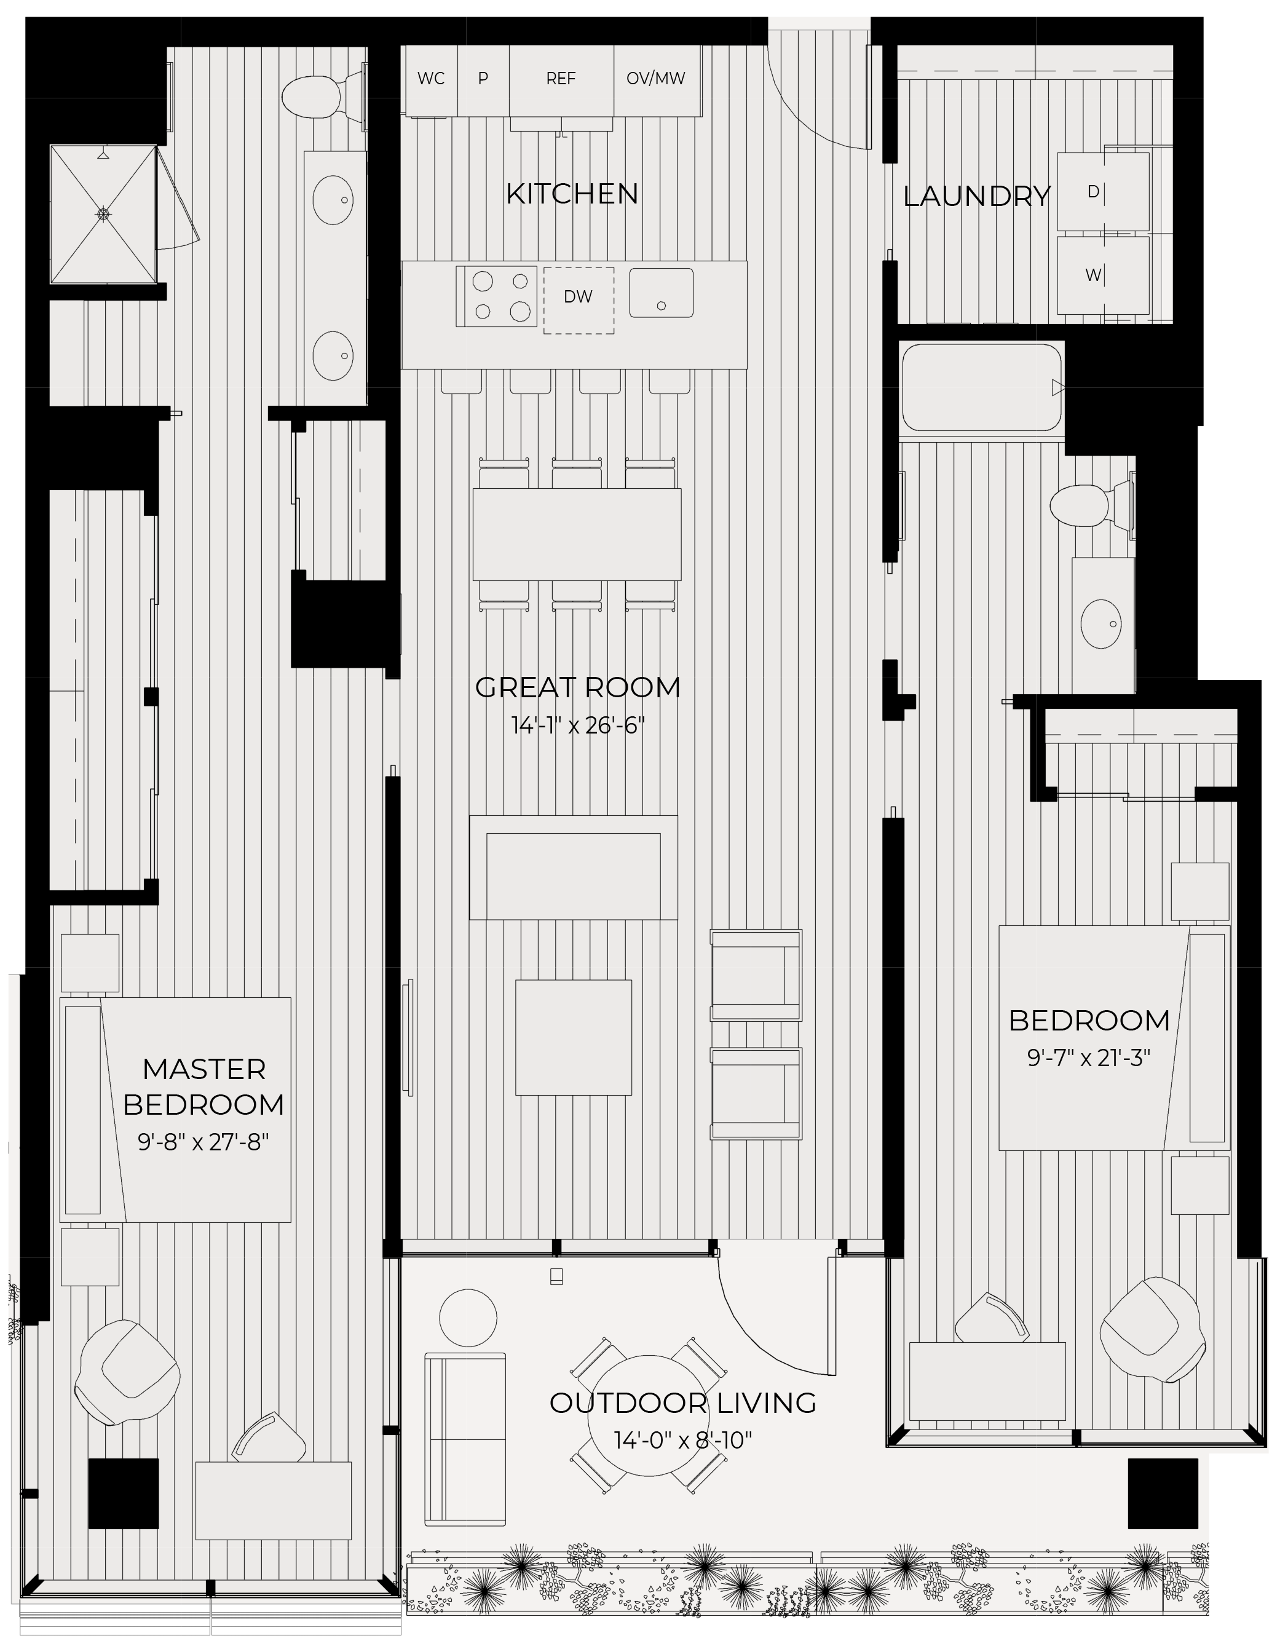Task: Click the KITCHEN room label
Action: tap(572, 194)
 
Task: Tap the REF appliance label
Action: tap(560, 79)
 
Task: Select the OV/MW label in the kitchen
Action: tap(655, 79)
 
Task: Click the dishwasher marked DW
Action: tap(579, 300)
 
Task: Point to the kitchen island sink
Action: tap(661, 293)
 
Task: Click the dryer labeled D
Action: tap(1102, 192)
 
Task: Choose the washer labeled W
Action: tap(1102, 275)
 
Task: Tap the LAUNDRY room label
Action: tap(976, 196)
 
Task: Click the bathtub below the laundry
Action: tap(982, 387)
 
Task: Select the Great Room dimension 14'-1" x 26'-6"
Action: tap(578, 726)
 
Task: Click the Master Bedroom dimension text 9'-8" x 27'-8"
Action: tap(203, 1142)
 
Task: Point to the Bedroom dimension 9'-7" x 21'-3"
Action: tap(1088, 1058)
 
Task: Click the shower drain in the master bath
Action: tap(103, 215)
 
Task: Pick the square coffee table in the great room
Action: tap(573, 1037)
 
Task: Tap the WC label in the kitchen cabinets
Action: tap(431, 79)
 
